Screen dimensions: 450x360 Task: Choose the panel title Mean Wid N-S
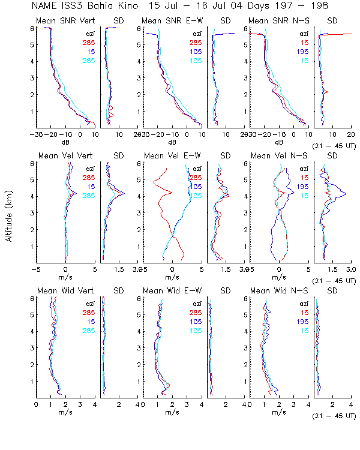pos(275,291)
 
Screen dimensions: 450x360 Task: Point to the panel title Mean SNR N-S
pos(275,22)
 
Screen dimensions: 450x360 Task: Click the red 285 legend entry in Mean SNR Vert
pos(88,43)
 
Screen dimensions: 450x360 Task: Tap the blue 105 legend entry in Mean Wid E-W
pos(196,322)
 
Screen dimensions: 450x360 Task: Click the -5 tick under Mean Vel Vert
pos(37,270)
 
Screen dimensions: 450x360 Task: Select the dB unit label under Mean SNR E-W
pos(172,143)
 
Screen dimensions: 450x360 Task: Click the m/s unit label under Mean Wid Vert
pos(65,412)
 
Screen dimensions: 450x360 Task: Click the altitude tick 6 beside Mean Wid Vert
pos(31,298)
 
